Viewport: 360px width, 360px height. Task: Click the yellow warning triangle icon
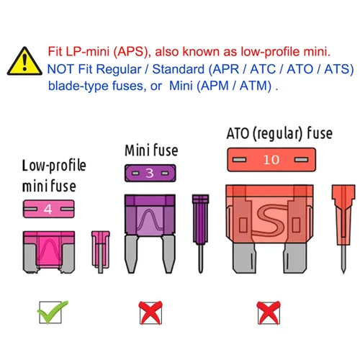(24, 61)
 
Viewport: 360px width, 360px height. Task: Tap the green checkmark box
(52, 312)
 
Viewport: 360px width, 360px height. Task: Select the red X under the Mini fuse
(150, 312)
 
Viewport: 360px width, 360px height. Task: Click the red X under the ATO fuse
(269, 312)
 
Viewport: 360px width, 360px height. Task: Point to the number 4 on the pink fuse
(48, 210)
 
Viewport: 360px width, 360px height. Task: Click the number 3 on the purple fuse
(150, 173)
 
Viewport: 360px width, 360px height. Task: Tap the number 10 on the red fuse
(271, 160)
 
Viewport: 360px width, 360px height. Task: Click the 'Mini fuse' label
(151, 150)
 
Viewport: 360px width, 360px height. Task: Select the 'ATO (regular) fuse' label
(279, 133)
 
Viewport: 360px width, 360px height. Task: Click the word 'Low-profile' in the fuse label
(54, 166)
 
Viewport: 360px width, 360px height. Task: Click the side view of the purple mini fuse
(201, 234)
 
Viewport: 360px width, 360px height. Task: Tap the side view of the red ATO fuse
(343, 229)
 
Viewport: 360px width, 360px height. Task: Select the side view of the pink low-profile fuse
(101, 252)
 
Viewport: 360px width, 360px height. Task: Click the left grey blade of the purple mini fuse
(131, 254)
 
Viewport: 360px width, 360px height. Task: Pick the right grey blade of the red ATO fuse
(295, 258)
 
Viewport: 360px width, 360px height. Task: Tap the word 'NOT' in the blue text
(60, 69)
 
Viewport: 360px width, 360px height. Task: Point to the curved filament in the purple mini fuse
(150, 220)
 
